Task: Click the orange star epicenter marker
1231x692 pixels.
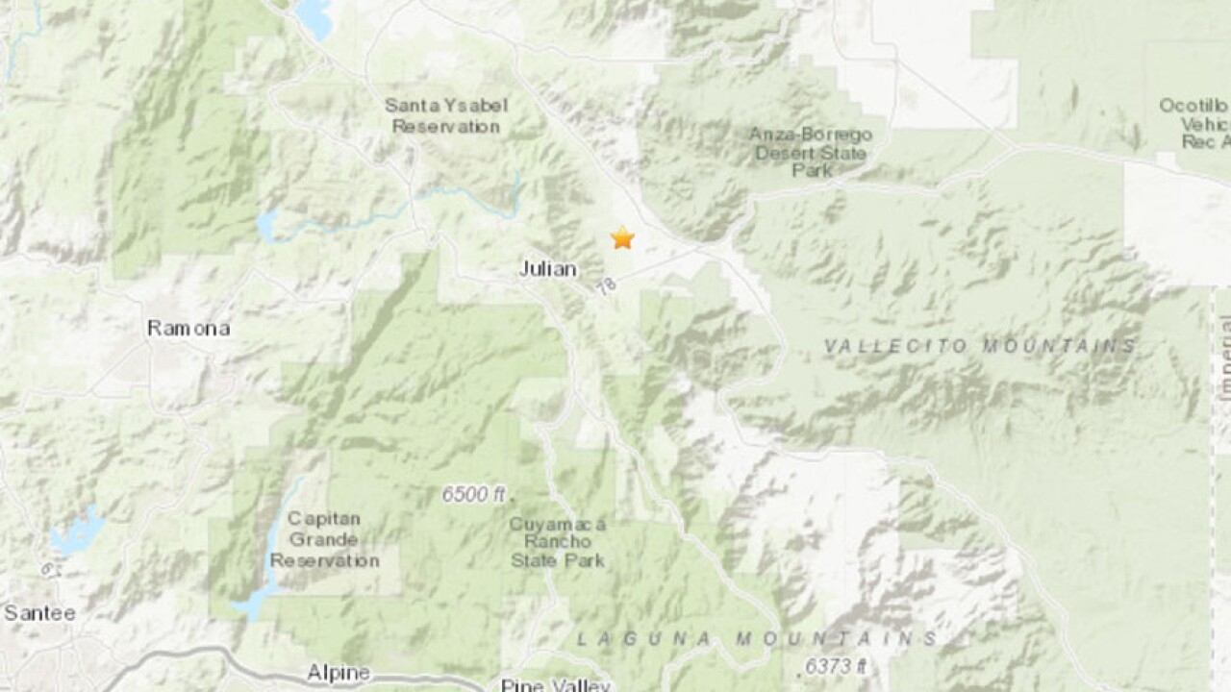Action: pyautogui.click(x=623, y=237)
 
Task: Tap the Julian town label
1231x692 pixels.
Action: pyautogui.click(x=547, y=270)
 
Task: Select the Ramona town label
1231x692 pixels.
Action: pyautogui.click(x=188, y=329)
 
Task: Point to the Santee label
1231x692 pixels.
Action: pyautogui.click(x=39, y=612)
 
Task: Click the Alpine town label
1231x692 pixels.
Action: pyautogui.click(x=339, y=673)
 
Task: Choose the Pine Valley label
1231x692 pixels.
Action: pyautogui.click(x=555, y=684)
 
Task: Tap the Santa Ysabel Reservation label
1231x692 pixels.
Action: pyautogui.click(x=445, y=115)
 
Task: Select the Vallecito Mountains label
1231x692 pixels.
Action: pyautogui.click(x=980, y=346)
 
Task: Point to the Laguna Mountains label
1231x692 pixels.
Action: pyautogui.click(x=756, y=639)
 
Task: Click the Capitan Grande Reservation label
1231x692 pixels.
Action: pyautogui.click(x=323, y=540)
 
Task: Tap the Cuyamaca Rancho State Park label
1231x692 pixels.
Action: pyautogui.click(x=558, y=542)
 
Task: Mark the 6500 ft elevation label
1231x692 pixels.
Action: pyautogui.click(x=473, y=495)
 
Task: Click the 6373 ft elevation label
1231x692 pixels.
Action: pyautogui.click(x=834, y=665)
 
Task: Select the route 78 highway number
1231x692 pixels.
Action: pyautogui.click(x=604, y=285)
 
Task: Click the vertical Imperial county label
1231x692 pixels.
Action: pyautogui.click(x=1223, y=356)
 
